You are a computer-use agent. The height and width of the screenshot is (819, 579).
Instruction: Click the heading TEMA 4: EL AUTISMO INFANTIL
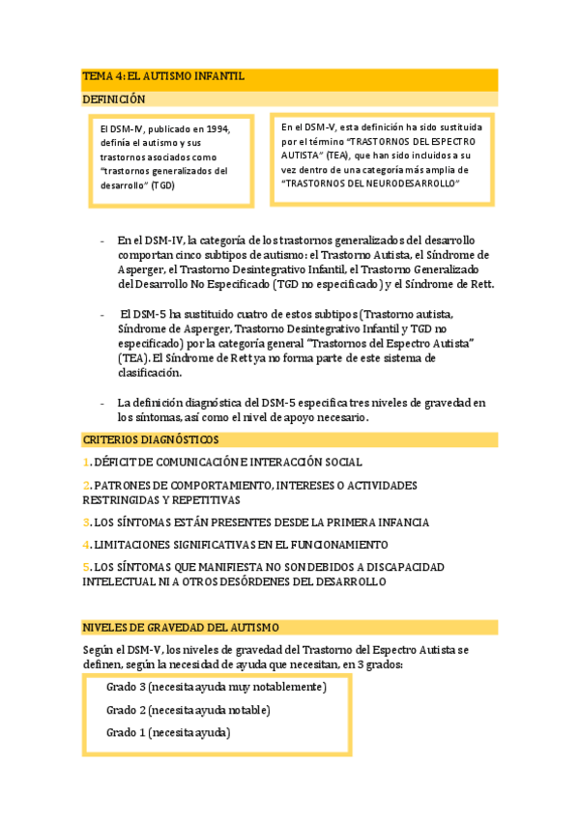[x=162, y=75]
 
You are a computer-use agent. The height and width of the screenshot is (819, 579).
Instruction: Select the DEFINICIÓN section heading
[x=113, y=99]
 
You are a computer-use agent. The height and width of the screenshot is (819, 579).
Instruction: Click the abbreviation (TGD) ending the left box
[x=161, y=184]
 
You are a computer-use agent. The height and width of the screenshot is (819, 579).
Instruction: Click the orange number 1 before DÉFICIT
[x=85, y=463]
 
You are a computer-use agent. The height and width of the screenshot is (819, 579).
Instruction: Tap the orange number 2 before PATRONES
[x=85, y=485]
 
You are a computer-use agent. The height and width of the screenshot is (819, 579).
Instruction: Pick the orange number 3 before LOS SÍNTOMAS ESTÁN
[x=85, y=522]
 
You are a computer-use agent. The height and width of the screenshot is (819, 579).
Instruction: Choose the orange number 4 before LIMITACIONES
[x=85, y=545]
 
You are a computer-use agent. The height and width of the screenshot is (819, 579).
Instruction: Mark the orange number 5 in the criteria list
[x=85, y=567]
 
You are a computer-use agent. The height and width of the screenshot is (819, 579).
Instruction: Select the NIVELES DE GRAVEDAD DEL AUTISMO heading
[x=180, y=627]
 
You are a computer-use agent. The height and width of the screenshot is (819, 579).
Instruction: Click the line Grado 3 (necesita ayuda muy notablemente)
[x=216, y=687]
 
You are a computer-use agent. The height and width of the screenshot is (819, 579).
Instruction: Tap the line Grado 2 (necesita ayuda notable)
[x=188, y=710]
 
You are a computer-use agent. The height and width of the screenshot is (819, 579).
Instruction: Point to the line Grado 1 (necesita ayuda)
[x=167, y=732]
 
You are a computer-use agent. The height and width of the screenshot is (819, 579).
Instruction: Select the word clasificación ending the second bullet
[x=149, y=372]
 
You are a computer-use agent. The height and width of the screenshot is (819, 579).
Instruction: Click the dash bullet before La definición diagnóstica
[x=102, y=403]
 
